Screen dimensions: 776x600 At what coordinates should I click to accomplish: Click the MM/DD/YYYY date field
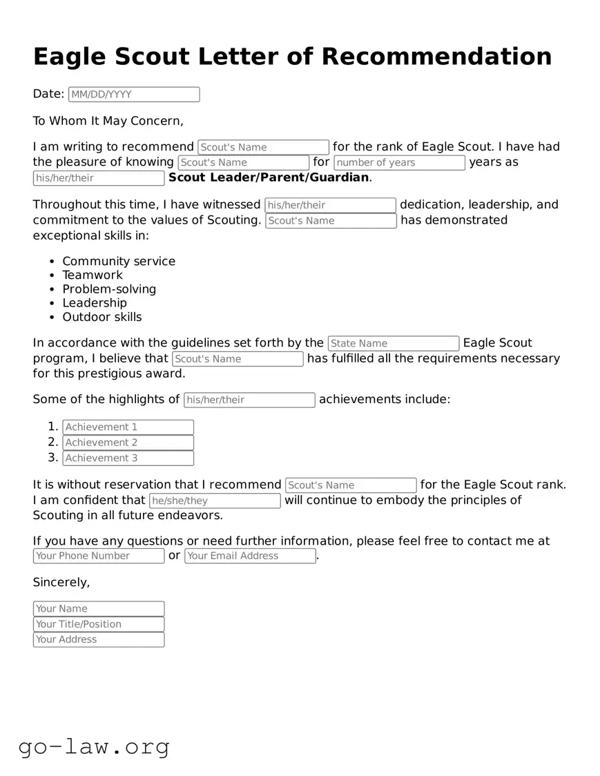(134, 95)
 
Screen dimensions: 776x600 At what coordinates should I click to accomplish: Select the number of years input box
(399, 163)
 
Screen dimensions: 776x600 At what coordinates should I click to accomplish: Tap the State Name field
(393, 344)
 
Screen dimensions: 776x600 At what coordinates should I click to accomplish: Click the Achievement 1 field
(128, 427)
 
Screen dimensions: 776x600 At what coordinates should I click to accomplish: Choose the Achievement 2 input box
(128, 443)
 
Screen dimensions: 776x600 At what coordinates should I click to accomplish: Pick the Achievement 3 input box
(128, 458)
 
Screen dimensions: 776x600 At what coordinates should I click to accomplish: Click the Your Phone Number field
(99, 556)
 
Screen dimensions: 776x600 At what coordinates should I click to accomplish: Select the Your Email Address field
(250, 556)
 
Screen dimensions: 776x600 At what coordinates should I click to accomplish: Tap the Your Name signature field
(99, 609)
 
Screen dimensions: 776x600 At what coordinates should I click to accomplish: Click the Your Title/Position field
(99, 624)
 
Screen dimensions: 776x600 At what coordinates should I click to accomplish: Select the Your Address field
(99, 640)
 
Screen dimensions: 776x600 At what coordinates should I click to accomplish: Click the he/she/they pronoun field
(215, 501)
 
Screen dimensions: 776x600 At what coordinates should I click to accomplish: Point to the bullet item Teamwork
(93, 275)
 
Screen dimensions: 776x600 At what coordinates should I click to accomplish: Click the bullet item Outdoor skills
(102, 317)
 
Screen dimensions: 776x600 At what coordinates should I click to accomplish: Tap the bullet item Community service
(119, 261)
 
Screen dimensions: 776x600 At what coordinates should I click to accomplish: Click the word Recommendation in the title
(436, 57)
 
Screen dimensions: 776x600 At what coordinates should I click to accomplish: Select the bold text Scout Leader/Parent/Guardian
(269, 177)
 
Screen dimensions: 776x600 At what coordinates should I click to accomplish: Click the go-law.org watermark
(94, 747)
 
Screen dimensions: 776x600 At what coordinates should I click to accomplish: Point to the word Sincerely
(61, 582)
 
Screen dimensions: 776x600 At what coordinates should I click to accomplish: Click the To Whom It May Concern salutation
(108, 121)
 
